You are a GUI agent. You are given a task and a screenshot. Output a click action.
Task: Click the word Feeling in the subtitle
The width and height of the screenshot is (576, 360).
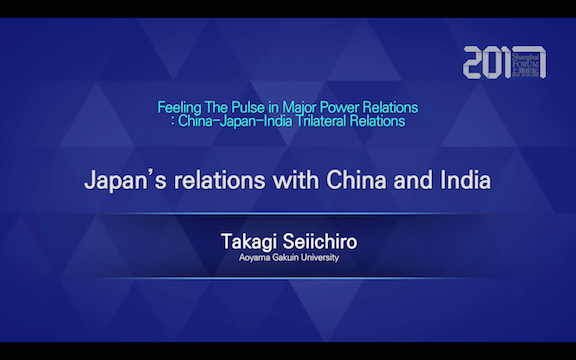tap(179, 106)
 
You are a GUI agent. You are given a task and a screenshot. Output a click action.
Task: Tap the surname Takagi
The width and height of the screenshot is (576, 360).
tap(254, 242)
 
